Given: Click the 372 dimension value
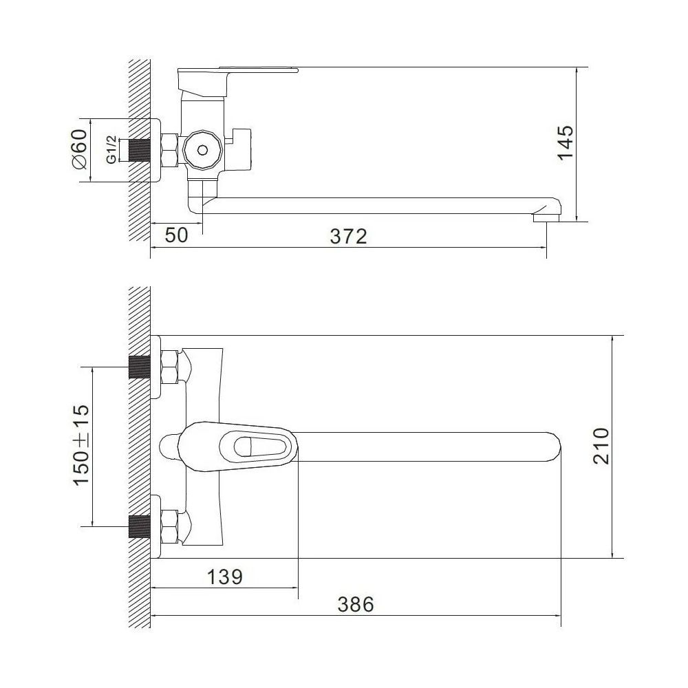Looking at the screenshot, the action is (x=348, y=237).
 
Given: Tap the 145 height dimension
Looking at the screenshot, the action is (x=566, y=143).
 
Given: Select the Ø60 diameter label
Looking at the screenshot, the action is (x=79, y=149).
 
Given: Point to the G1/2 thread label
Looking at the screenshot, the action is (x=112, y=149).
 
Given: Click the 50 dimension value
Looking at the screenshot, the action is (x=176, y=235).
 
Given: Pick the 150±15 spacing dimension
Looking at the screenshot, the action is (x=81, y=444).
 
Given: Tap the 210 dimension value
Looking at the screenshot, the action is (x=601, y=446).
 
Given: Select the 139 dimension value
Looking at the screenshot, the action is (x=225, y=577).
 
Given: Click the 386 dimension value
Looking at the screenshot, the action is (x=356, y=604).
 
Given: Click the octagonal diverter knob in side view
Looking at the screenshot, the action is (x=202, y=150).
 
